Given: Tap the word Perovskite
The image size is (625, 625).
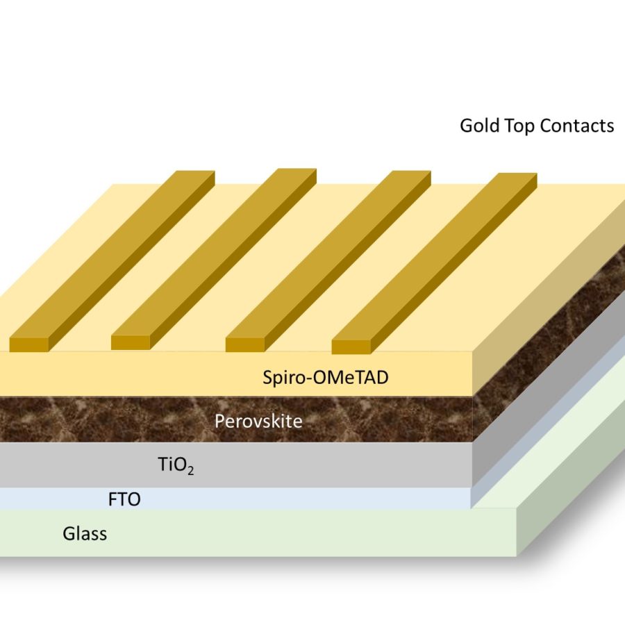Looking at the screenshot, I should (x=258, y=421).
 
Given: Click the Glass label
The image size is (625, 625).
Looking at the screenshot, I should (x=85, y=534).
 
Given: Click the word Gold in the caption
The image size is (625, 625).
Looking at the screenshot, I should (x=479, y=126).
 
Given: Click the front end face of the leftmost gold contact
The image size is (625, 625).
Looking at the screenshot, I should (x=28, y=344).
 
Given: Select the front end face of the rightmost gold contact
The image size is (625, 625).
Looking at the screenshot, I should (x=351, y=346).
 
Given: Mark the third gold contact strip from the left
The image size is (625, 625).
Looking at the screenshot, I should (x=326, y=257).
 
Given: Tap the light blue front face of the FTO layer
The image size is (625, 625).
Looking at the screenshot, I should (x=278, y=498).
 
